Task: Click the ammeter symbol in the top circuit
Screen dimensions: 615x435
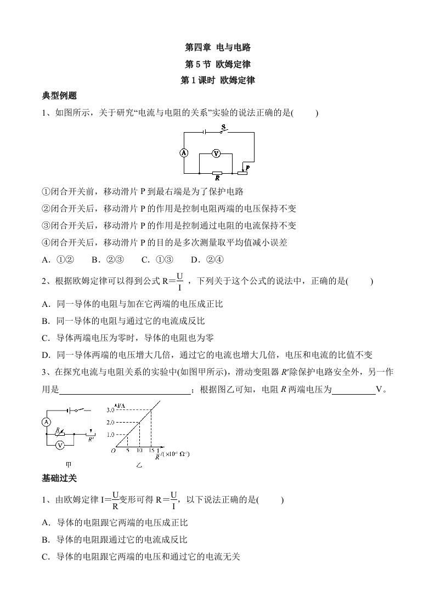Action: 184,153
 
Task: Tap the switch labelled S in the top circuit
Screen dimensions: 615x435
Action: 224,130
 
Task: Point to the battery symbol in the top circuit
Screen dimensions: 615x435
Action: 204,132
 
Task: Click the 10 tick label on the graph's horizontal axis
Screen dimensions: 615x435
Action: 139,451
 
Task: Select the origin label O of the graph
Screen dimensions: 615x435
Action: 113,451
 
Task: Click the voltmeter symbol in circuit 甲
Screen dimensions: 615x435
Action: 60,446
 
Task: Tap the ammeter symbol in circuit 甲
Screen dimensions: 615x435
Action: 47,422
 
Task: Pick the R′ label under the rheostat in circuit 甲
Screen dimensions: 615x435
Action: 91,439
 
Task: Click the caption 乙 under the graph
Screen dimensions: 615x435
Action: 139,465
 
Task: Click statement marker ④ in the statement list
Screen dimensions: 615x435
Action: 46,242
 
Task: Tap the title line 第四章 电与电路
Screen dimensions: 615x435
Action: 218,48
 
